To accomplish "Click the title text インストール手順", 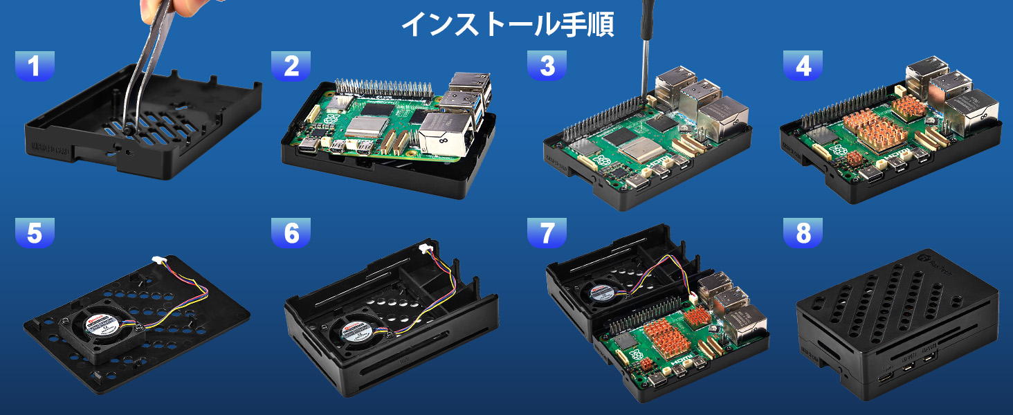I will point(507,24).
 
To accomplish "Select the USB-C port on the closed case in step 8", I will point(886,378).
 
